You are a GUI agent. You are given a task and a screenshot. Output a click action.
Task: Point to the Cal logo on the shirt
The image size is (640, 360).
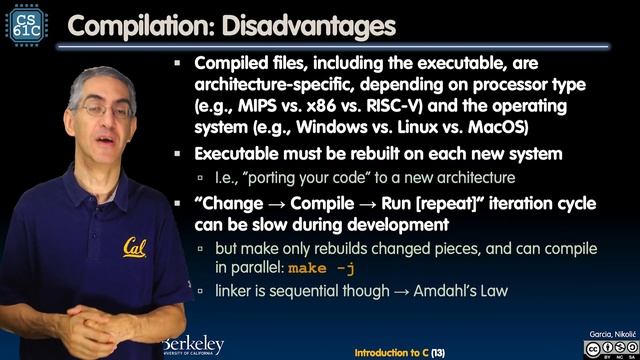click(x=137, y=246)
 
